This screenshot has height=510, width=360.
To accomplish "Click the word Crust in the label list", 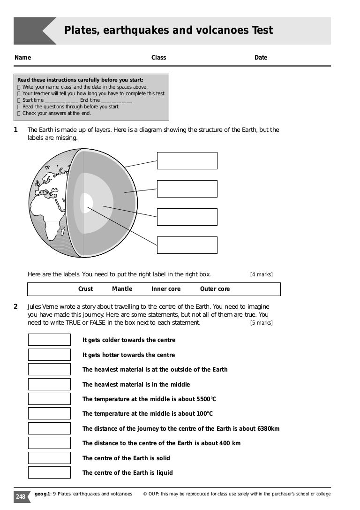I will coord(85,289).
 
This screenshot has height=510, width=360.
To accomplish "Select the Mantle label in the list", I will coord(122,289).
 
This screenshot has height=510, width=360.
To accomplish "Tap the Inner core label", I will coord(165,289).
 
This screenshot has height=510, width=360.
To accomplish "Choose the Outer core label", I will coord(215,289).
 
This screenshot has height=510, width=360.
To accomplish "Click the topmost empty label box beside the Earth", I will coord(187,160).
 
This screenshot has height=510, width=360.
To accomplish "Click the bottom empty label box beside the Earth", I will coord(187,245).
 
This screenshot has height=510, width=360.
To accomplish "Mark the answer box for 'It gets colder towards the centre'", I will coord(49,340).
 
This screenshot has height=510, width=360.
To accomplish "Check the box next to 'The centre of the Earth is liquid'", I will coord(49,472).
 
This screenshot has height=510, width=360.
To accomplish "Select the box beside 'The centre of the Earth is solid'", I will coord(49,458).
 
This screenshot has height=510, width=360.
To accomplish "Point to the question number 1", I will coord(16,129).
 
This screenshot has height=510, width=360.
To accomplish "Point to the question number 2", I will coord(16,307).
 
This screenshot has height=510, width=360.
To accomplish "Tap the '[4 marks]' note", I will coord(261,274).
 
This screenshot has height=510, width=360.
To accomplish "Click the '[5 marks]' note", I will coord(261,323).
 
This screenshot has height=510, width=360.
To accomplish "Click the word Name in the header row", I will coord(22,58).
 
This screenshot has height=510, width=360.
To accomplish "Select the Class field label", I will coord(158,58).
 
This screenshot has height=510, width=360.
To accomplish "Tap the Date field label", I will coord(261,58).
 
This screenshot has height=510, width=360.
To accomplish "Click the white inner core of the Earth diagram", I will coord(87,203).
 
